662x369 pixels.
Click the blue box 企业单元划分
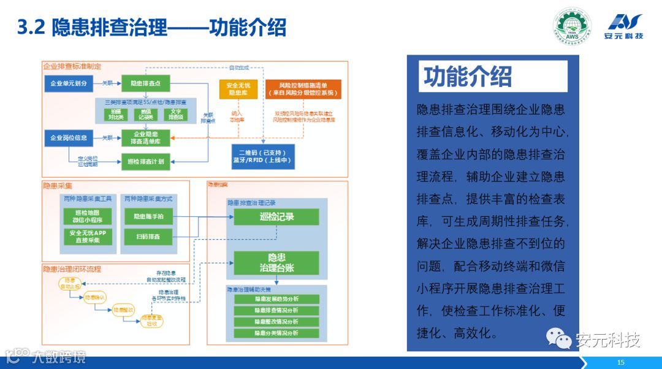[x=68, y=83]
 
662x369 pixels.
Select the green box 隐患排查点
[x=145, y=83]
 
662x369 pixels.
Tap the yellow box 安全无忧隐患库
[x=238, y=89]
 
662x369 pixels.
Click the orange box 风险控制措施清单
[x=303, y=89]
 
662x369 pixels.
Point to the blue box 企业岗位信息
[x=68, y=138]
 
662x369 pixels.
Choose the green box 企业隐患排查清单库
[x=145, y=137]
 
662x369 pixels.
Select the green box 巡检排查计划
[x=145, y=161]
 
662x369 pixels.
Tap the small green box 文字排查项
[x=177, y=114]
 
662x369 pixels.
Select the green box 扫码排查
[x=147, y=237]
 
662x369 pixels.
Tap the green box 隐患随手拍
[x=147, y=216]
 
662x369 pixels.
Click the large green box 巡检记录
[x=276, y=216]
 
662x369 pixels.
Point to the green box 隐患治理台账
[x=276, y=262]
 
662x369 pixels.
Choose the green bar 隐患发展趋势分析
[x=276, y=299]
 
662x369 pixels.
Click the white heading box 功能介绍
[x=494, y=77]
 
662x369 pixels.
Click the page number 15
[x=621, y=362]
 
